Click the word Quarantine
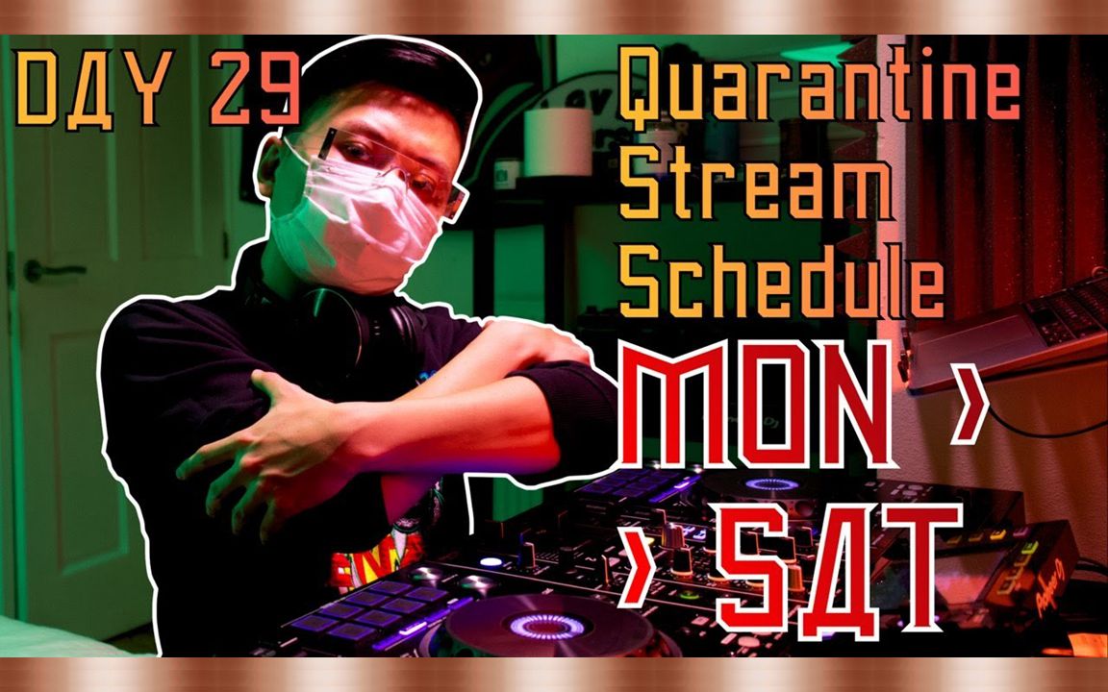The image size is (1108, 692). pyautogui.click(x=818, y=92)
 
